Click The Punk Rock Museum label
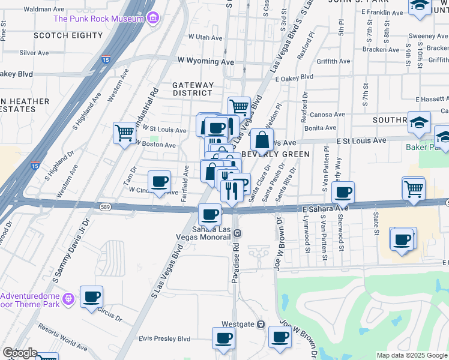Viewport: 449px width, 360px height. point(98,19)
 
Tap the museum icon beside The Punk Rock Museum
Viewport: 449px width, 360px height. point(154,19)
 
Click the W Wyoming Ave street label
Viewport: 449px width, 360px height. point(205,61)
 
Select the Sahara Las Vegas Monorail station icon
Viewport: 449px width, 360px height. point(238,232)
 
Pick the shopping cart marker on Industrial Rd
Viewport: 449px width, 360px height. point(124,131)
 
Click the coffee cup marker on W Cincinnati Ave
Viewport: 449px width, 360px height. point(159,181)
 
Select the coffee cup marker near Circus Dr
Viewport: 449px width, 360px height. point(91,296)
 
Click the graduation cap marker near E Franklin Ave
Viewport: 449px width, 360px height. point(419,5)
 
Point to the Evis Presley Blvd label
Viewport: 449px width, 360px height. point(164,339)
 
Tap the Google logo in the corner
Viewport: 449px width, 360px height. point(20,353)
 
